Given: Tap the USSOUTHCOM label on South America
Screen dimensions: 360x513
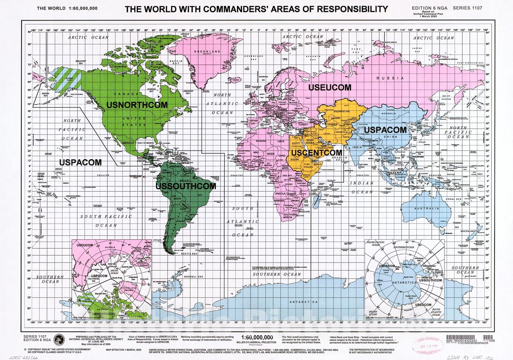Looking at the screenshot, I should [x=186, y=186].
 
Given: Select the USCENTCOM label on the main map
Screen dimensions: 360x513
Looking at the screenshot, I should [x=316, y=153].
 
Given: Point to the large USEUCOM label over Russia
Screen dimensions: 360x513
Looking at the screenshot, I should [x=330, y=87].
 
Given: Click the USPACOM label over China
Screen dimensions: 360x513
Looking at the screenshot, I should [x=385, y=130].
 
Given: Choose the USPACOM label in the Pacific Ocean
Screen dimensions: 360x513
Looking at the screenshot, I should [x=80, y=162].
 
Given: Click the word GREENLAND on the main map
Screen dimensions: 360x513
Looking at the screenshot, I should [x=207, y=51].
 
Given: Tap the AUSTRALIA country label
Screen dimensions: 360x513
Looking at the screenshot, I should [x=427, y=209].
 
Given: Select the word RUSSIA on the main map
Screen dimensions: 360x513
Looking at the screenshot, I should [x=390, y=78].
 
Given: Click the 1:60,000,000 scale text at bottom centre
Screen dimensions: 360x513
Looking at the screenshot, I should [x=257, y=337].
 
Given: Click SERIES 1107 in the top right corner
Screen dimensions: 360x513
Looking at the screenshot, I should [x=467, y=8].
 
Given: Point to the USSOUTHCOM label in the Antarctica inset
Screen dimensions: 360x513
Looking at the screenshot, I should [x=431, y=280].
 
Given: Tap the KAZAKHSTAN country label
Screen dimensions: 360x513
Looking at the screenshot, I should [x=341, y=111].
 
